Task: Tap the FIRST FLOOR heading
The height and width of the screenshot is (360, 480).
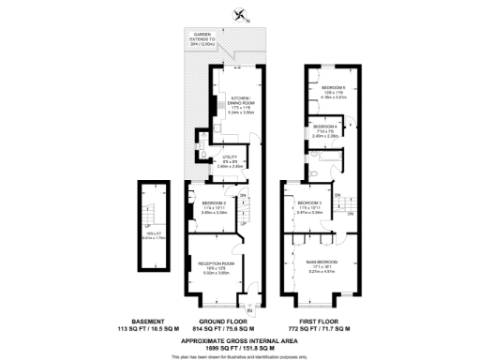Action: coord(322,322)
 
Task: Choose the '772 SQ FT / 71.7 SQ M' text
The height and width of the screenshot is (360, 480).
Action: coord(322,330)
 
